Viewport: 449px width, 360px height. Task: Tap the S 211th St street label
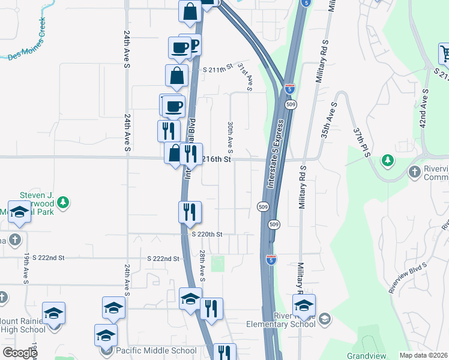tap(217, 70)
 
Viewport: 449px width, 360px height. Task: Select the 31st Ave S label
tap(244, 77)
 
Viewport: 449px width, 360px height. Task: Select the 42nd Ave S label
tap(424, 107)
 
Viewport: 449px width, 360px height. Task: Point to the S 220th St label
tap(206, 235)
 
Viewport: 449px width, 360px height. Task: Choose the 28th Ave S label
tap(202, 266)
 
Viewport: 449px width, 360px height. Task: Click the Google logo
tap(20, 353)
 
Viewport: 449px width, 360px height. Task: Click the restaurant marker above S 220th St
tap(190, 212)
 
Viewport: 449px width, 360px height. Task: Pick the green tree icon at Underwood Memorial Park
tap(62, 203)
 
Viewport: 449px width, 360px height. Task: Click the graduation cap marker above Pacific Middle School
tap(106, 335)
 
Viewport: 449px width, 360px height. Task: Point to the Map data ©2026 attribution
tap(424, 355)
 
